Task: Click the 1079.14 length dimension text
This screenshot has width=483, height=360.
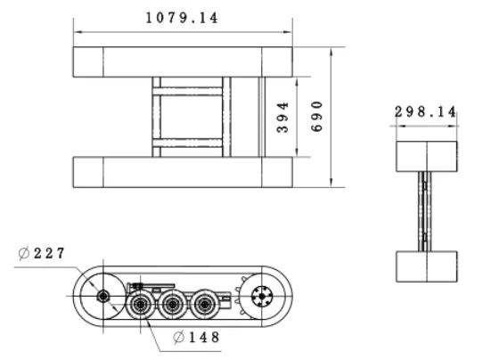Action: point(182,18)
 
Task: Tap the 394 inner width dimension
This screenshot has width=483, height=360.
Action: point(282,118)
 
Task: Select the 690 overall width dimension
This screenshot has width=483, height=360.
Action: point(316,117)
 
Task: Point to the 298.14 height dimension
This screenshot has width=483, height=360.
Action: point(425,111)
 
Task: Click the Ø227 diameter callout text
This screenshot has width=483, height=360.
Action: point(42,253)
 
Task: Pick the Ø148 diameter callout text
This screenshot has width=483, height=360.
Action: point(197,337)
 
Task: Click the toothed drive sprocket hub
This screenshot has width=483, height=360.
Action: point(262,296)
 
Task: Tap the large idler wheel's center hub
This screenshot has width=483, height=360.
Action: point(103,296)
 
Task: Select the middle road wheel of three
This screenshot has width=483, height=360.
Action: point(173,305)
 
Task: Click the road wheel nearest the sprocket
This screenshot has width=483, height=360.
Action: point(205,305)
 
